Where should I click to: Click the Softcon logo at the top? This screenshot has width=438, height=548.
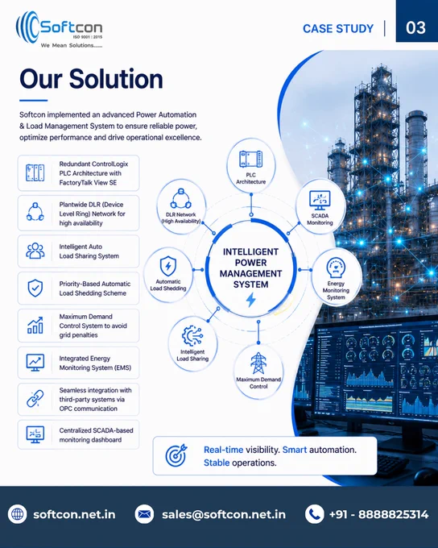click(x=59, y=29)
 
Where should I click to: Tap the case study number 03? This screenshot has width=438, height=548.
click(x=415, y=28)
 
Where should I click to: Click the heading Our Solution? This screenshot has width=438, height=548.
click(x=91, y=79)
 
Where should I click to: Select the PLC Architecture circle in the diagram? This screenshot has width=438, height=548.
click(x=250, y=166)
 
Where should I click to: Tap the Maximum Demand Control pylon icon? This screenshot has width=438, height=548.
click(x=258, y=363)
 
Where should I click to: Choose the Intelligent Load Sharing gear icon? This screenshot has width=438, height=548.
click(x=192, y=335)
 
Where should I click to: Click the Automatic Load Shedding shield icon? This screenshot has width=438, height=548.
click(x=168, y=266)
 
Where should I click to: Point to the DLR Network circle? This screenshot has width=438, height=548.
click(x=181, y=207)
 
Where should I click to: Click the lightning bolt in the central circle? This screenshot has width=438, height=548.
click(x=250, y=300)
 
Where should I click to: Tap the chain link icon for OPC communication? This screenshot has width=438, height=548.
click(x=35, y=399)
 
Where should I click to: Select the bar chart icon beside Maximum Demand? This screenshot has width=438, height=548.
click(x=35, y=326)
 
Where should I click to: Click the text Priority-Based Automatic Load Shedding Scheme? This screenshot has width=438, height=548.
click(x=95, y=289)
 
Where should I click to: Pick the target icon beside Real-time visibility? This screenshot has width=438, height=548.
click(x=176, y=455)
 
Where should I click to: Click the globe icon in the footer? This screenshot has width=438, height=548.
click(x=18, y=514)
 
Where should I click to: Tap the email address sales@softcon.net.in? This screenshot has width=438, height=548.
click(x=224, y=514)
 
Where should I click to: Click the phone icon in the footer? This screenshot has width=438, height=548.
click(x=314, y=514)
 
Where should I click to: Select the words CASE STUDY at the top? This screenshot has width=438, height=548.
click(x=338, y=29)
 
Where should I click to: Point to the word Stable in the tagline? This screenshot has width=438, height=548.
click(x=217, y=463)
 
